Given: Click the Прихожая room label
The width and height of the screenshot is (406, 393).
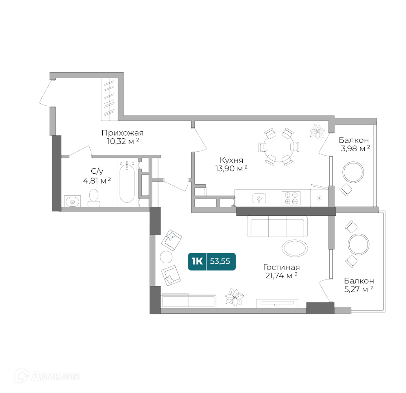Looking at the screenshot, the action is pos(122,133).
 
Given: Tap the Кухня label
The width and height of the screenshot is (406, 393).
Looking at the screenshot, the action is pos(231,160).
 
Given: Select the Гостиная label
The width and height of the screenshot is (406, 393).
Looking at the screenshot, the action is pos(281,267).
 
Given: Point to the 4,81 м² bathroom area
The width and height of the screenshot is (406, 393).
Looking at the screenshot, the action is pos(97,180).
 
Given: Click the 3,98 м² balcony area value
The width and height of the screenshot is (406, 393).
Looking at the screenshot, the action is pos(355,149).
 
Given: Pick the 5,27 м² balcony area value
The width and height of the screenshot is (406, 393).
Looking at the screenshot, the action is pos(359,289).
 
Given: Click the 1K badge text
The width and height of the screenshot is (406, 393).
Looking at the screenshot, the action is pos(197,261).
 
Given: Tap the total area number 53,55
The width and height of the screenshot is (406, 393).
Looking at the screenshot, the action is pos(220,261).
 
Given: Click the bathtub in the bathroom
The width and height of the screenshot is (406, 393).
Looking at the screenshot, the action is pos(127,182).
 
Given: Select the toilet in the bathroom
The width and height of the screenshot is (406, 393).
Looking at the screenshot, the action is pos(94,198).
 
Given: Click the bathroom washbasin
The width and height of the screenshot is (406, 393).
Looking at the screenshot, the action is pos(72,201).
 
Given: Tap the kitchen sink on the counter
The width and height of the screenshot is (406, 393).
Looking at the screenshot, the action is pos(259,198).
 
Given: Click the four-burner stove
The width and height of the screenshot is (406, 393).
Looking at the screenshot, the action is pos(291,198).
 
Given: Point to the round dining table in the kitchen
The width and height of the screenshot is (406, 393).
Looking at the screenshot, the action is pos(279,147).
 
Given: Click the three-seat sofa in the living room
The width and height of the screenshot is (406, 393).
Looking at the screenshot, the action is pos(277,226).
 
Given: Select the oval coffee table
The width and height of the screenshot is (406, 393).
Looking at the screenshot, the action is pos(295,248).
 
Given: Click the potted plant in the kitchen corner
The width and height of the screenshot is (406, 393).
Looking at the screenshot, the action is pos(317,131).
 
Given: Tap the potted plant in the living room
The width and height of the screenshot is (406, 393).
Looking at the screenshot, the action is pos(234,297).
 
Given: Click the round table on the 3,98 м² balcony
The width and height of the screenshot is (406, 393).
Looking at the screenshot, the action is pos(353,172).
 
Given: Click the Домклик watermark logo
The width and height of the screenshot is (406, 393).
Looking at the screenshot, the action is pos(47,376).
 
